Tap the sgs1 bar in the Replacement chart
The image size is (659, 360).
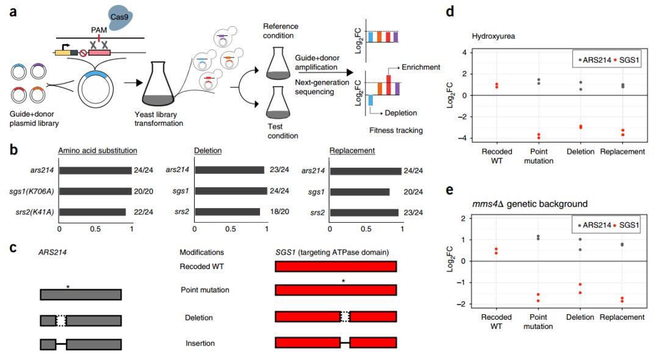click(359, 192)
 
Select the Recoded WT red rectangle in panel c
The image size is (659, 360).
click(336, 267)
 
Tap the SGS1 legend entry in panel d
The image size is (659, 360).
click(614, 60)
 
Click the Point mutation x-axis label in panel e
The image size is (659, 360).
click(538, 322)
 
